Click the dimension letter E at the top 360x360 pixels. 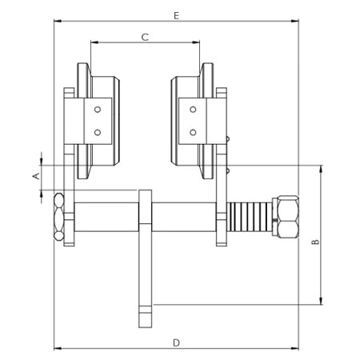coord(175,15)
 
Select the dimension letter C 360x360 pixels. coord(145,37)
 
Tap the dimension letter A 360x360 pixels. coord(35,174)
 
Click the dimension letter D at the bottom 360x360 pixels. coord(175,342)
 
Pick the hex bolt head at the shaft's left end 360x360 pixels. coord(59,217)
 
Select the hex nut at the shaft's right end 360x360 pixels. coord(284,217)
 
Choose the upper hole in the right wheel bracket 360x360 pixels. coord(192,110)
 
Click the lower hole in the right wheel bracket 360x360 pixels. coord(192,130)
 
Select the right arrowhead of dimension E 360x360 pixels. coord(297,22)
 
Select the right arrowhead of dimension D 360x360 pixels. coord(297,350)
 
